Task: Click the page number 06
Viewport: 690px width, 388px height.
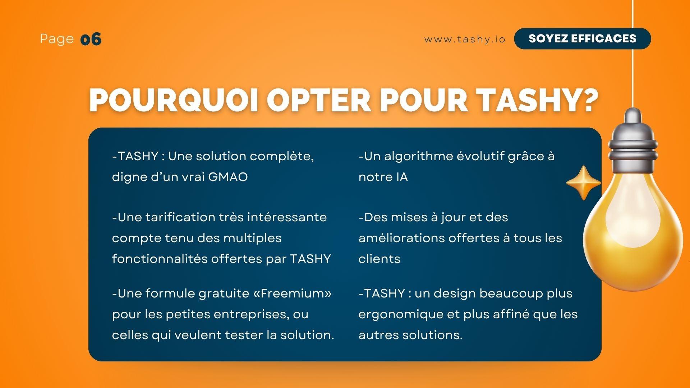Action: pos(91,39)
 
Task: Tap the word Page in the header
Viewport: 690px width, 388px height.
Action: pos(57,39)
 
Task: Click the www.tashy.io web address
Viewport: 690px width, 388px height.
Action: pos(465,39)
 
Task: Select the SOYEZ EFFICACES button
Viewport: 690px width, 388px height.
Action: pos(583,38)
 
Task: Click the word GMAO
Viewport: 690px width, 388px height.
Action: pos(228,177)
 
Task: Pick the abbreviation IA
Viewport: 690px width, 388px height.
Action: pos(402,177)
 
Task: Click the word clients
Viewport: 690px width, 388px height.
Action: pos(379,259)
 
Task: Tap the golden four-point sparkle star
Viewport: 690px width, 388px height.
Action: pos(584,183)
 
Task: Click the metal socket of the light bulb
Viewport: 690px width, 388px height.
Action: pos(633,142)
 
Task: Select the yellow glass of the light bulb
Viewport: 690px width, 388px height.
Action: pos(633,230)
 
